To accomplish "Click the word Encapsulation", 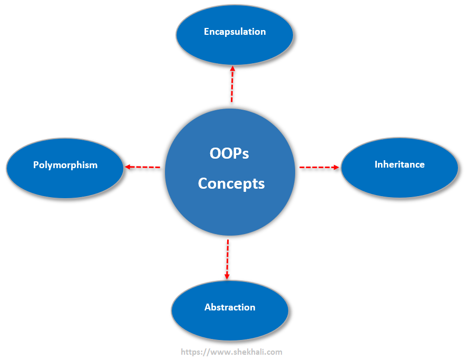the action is click(235, 32).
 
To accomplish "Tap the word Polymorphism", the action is click(65, 165).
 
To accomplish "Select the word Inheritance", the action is click(399, 164).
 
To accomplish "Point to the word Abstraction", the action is click(230, 307).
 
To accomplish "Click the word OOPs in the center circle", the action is click(229, 153).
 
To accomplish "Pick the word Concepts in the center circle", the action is click(231, 183).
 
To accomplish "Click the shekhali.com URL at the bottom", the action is click(231, 352).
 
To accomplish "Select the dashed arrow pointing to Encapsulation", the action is click(232, 84).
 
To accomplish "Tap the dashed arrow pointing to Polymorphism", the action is click(142, 167).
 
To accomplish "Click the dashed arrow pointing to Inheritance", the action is click(319, 167).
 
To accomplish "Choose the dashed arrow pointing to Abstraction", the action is click(228, 259).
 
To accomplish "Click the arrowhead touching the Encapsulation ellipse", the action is click(232, 69).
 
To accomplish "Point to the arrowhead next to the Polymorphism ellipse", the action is click(127, 167).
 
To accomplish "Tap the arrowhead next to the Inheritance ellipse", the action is click(336, 167).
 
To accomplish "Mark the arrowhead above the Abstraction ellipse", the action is click(227, 277).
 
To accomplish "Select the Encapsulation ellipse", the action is click(235, 35).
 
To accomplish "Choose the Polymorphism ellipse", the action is click(65, 168).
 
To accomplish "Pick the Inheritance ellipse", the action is click(399, 168).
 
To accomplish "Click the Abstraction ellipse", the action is click(230, 310).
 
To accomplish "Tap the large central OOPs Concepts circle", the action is click(230, 172).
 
